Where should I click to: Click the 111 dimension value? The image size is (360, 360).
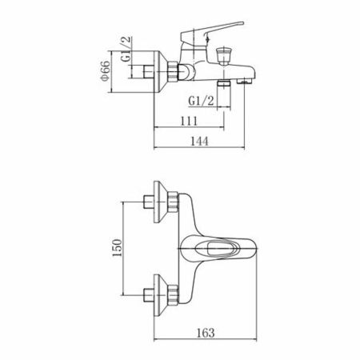point(189,121)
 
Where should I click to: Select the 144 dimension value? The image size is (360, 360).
point(199,141)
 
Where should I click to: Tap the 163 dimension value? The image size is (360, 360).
point(206,333)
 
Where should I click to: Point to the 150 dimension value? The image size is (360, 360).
point(117,248)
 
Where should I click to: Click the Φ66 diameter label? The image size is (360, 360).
point(105,71)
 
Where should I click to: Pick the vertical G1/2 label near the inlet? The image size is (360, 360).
point(126,49)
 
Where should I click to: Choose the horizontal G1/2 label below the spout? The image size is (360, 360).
point(201,101)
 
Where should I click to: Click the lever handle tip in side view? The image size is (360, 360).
point(242,23)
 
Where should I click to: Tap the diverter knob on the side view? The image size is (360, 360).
point(224,55)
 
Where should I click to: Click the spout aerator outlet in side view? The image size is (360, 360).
point(245,81)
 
